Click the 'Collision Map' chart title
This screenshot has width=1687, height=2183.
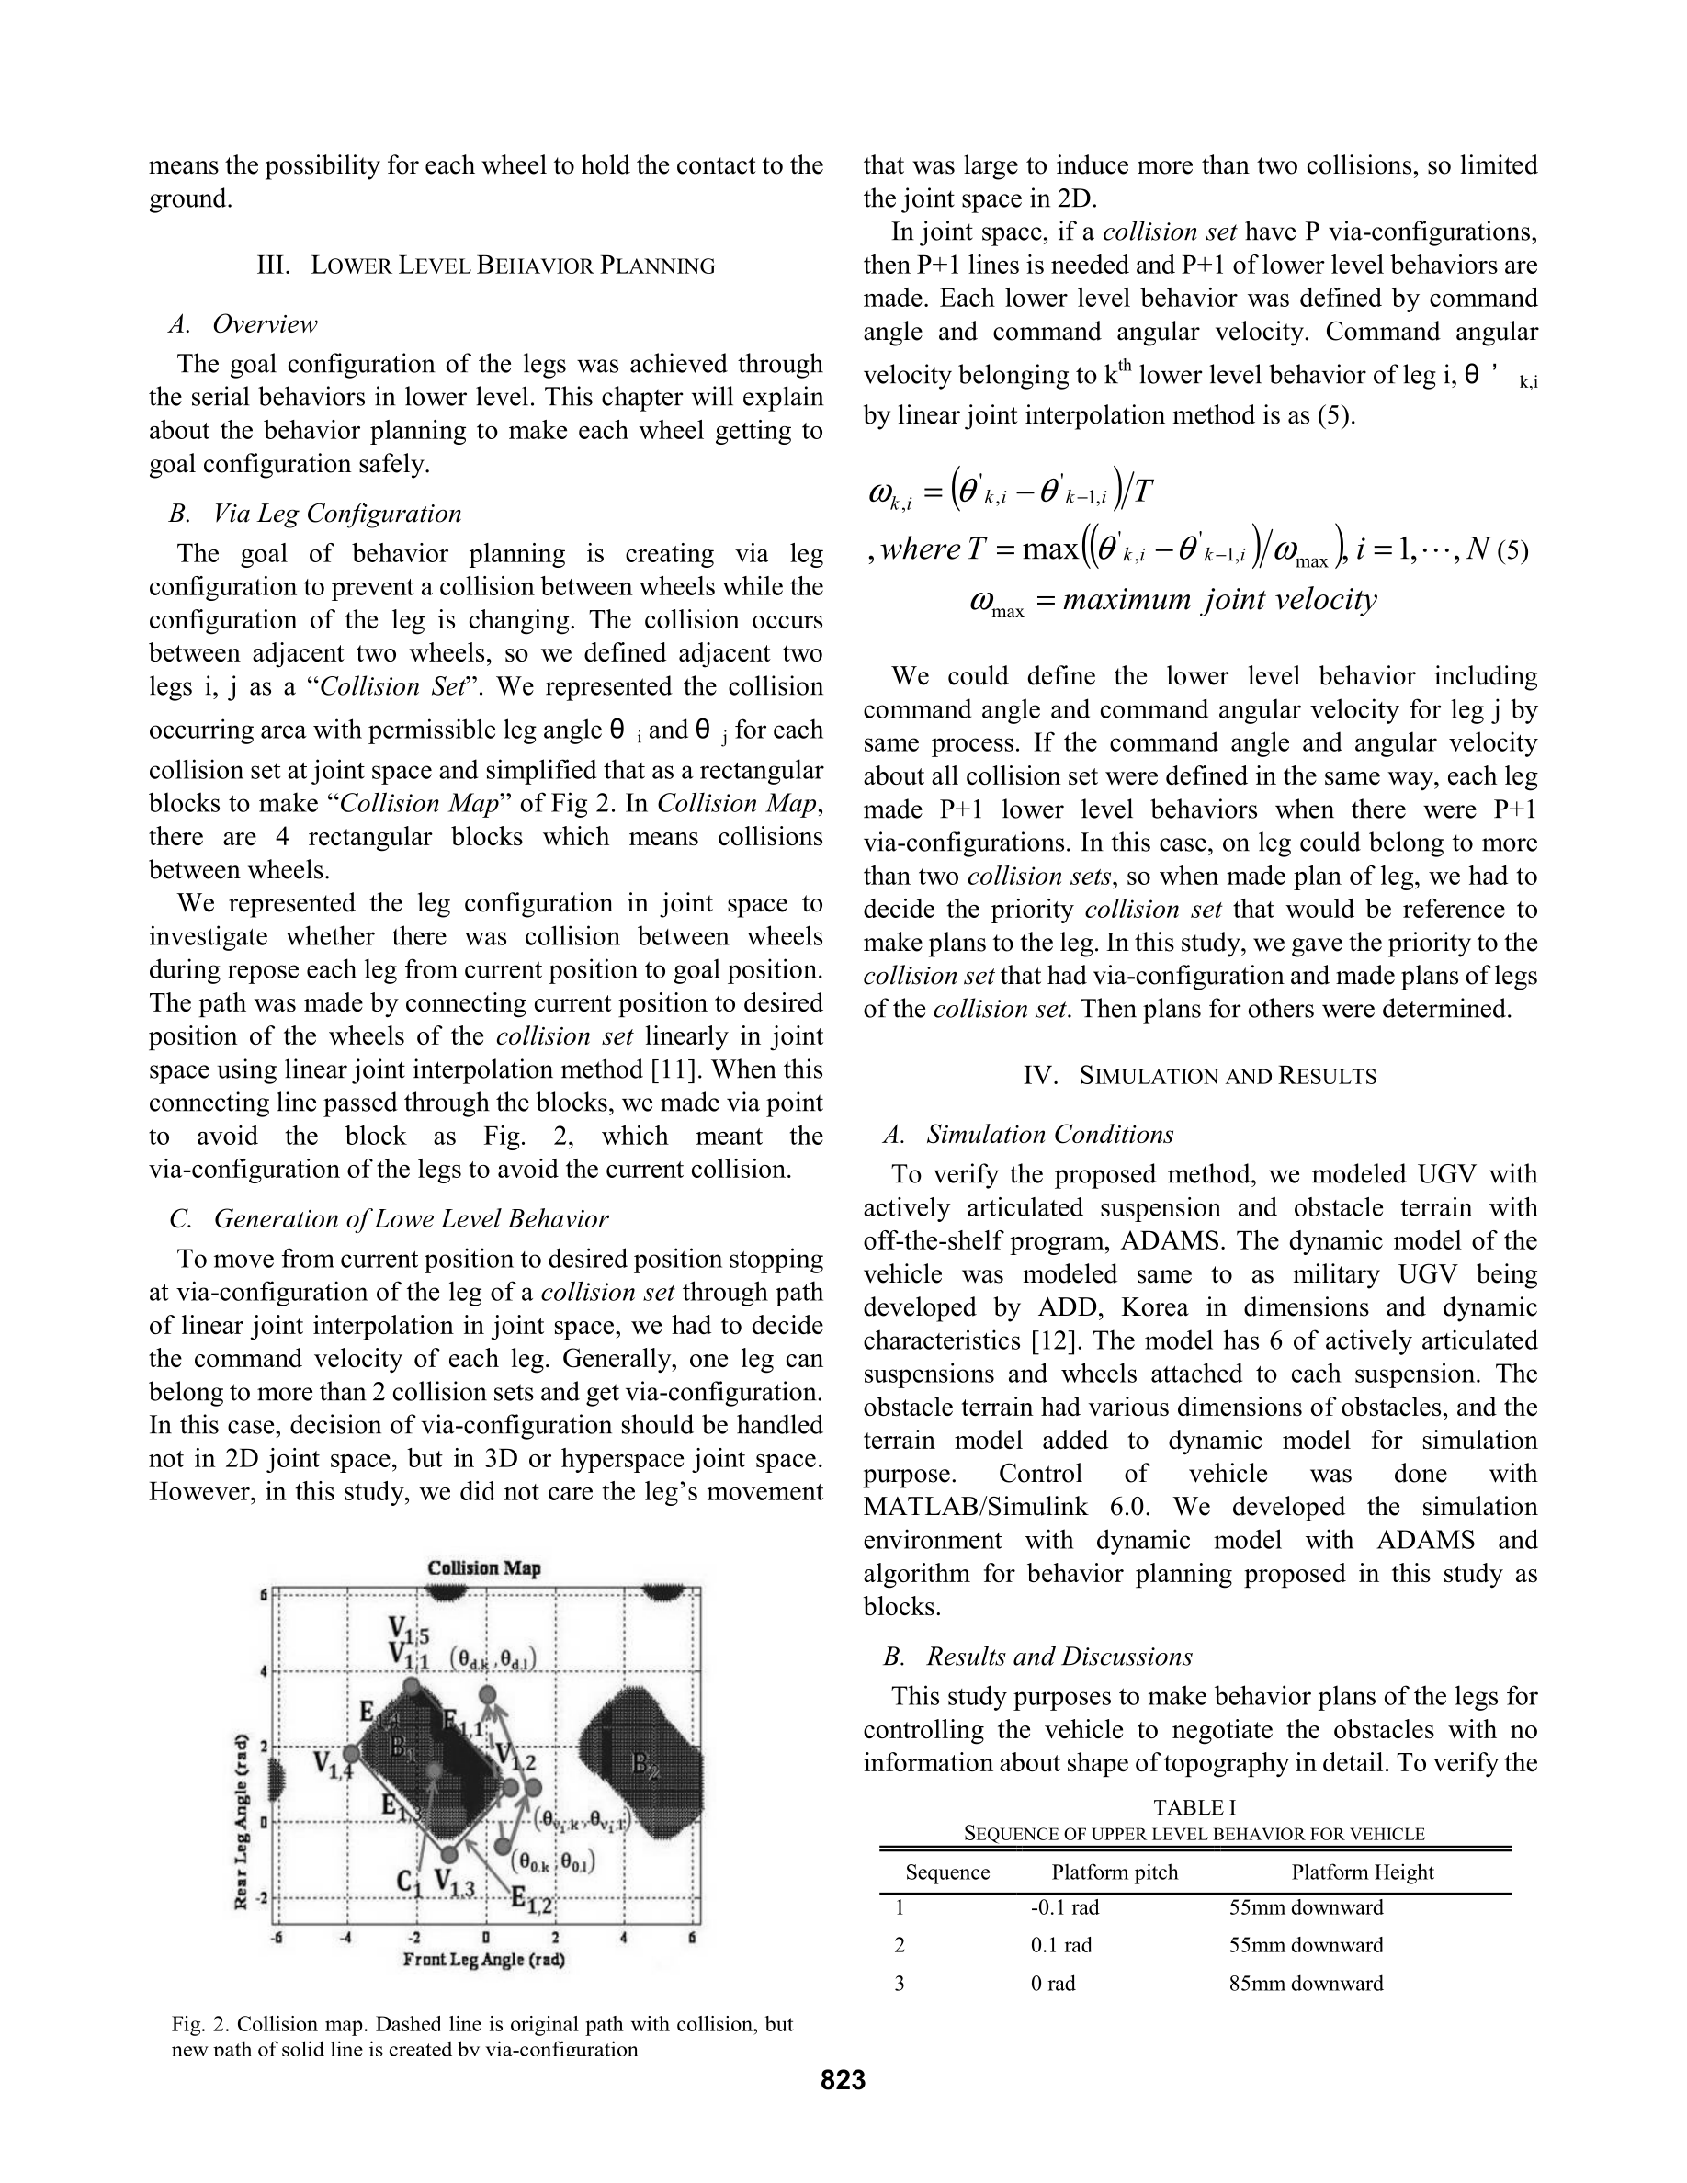click(x=483, y=1567)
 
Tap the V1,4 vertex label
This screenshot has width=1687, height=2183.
click(x=332, y=1765)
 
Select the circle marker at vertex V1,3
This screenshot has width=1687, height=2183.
click(x=449, y=1855)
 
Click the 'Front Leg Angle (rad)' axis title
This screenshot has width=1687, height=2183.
click(x=483, y=1960)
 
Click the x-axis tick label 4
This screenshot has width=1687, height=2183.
click(x=624, y=1938)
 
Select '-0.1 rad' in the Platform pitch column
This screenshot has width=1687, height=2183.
click(x=1064, y=1907)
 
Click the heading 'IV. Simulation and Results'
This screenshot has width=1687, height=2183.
click(x=1199, y=1077)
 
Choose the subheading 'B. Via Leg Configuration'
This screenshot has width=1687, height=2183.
click(x=316, y=514)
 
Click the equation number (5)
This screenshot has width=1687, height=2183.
click(x=1512, y=550)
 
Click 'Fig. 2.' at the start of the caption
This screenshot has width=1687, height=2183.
click(x=201, y=2024)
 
